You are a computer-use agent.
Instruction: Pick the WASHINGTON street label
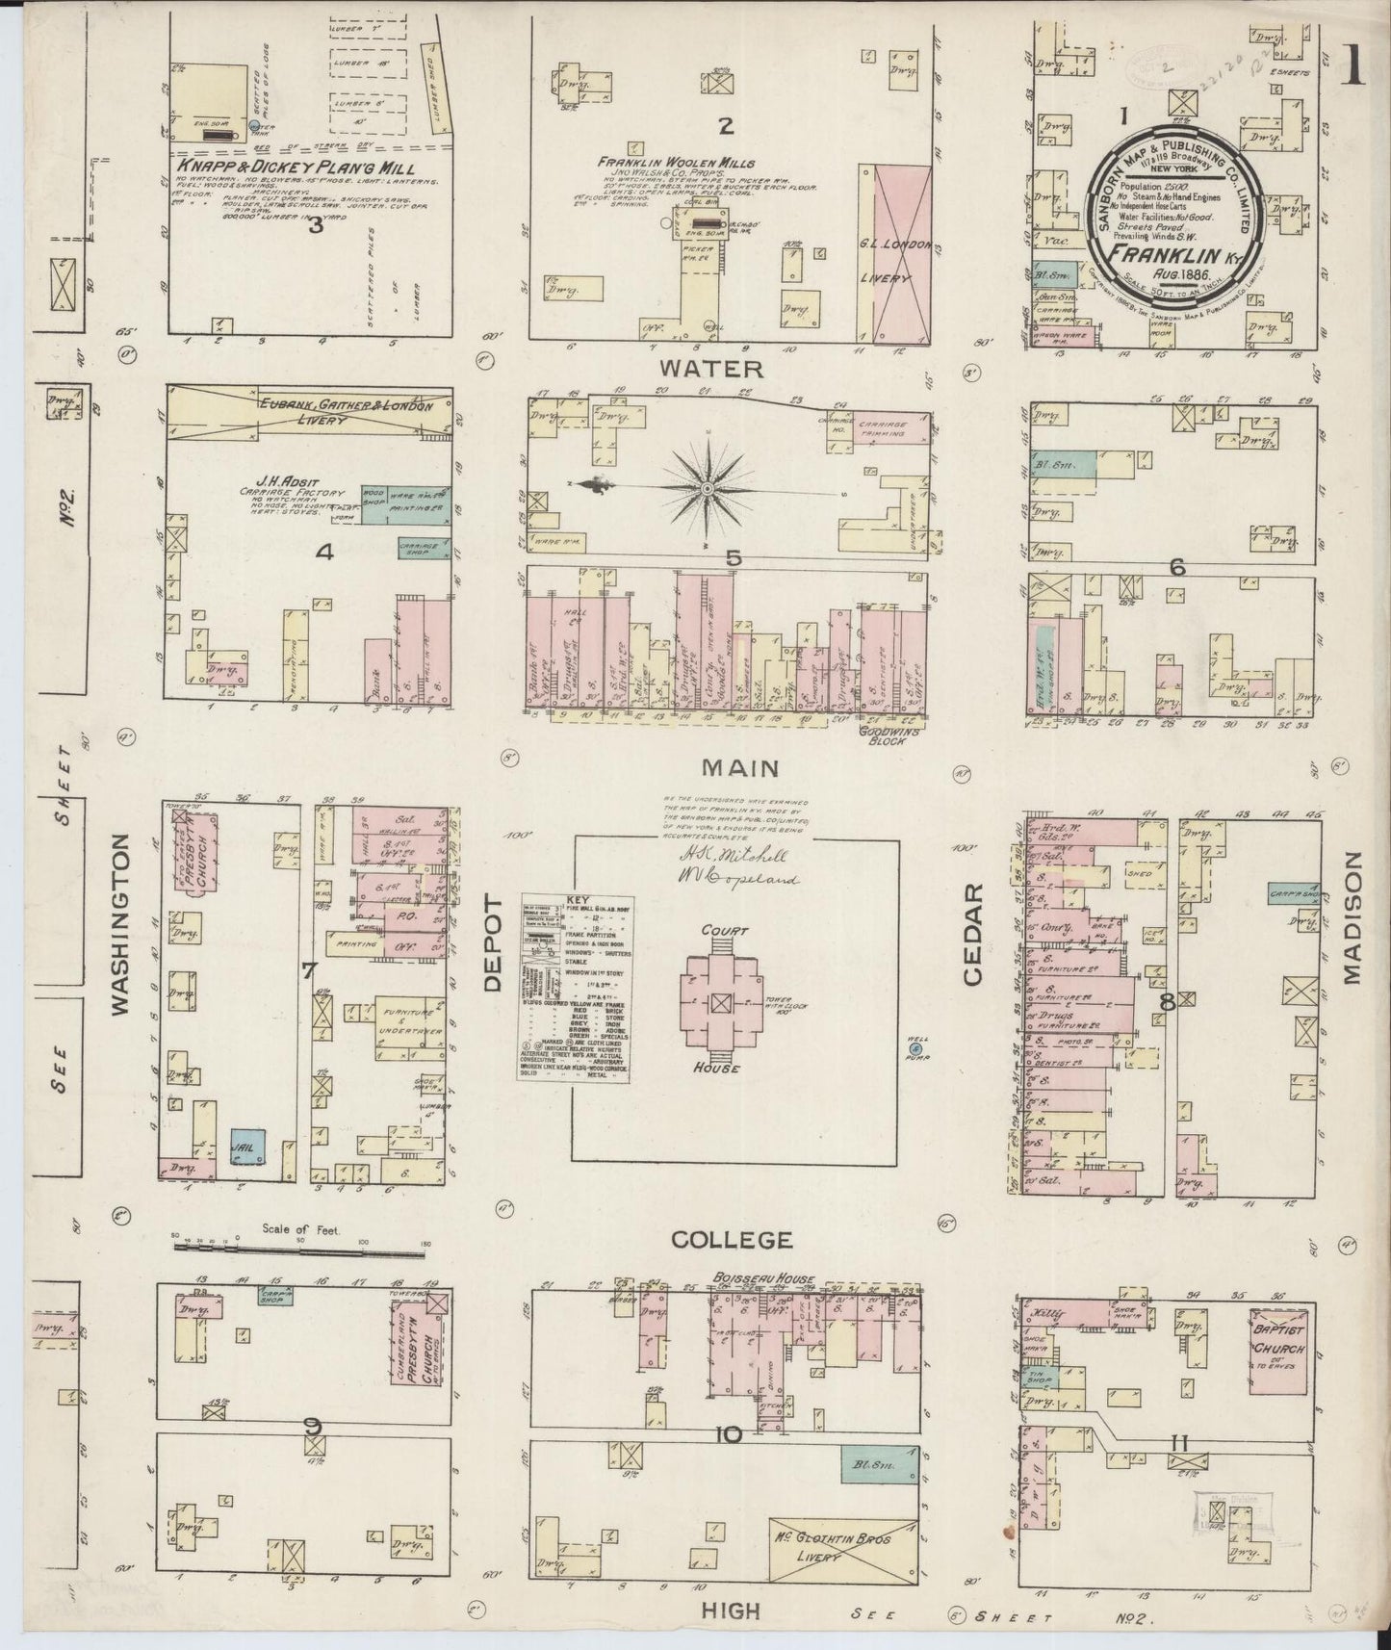click(119, 924)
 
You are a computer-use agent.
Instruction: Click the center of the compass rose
click(708, 489)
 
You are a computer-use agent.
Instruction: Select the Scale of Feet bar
click(302, 1248)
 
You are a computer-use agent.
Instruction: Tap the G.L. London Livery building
click(894, 252)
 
